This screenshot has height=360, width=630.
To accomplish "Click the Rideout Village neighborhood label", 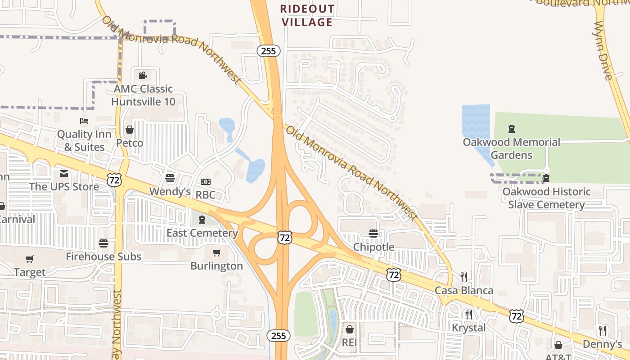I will coord(307,15).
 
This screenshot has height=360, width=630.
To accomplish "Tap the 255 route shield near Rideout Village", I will coord(269,51).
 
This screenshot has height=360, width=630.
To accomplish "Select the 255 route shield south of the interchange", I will coord(279,335).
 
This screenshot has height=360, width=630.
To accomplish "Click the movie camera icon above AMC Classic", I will coord(143,75).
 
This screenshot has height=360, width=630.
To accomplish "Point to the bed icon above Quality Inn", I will coord(84,121).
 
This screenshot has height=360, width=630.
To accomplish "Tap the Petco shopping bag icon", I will coord(130,130).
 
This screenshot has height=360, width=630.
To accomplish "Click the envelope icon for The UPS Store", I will coord(64,174).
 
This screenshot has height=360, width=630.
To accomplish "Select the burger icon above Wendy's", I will coord(170,178).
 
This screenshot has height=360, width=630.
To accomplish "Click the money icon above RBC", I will coord(206,182).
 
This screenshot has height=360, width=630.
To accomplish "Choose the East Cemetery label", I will coord(202,233).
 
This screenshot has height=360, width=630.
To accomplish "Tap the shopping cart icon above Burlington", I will coord(216,252).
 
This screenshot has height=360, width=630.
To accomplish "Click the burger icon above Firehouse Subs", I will coord(103,243).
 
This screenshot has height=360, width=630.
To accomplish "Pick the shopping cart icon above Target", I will coord(30,259).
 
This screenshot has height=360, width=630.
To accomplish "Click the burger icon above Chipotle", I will coord(373,234).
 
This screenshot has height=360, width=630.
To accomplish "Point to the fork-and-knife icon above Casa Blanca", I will coord(464,277).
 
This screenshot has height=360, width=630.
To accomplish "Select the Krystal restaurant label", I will coord(468,328).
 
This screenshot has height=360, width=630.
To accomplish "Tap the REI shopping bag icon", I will coord(349,330).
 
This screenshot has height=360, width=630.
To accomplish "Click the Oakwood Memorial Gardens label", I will coord(512,148).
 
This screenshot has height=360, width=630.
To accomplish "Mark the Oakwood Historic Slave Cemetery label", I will coord(546,198).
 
